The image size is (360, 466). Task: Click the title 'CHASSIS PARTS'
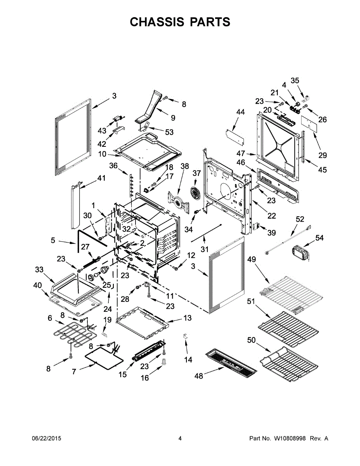click(x=180, y=22)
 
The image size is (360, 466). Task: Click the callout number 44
click(x=240, y=113)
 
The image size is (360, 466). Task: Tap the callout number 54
click(x=319, y=238)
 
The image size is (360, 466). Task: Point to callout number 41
click(x=101, y=178)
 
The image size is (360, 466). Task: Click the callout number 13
click(x=187, y=318)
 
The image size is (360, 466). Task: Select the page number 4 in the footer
click(x=180, y=438)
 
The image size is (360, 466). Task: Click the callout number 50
click(x=251, y=341)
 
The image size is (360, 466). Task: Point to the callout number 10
click(x=102, y=154)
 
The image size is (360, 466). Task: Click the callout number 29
click(x=323, y=155)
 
